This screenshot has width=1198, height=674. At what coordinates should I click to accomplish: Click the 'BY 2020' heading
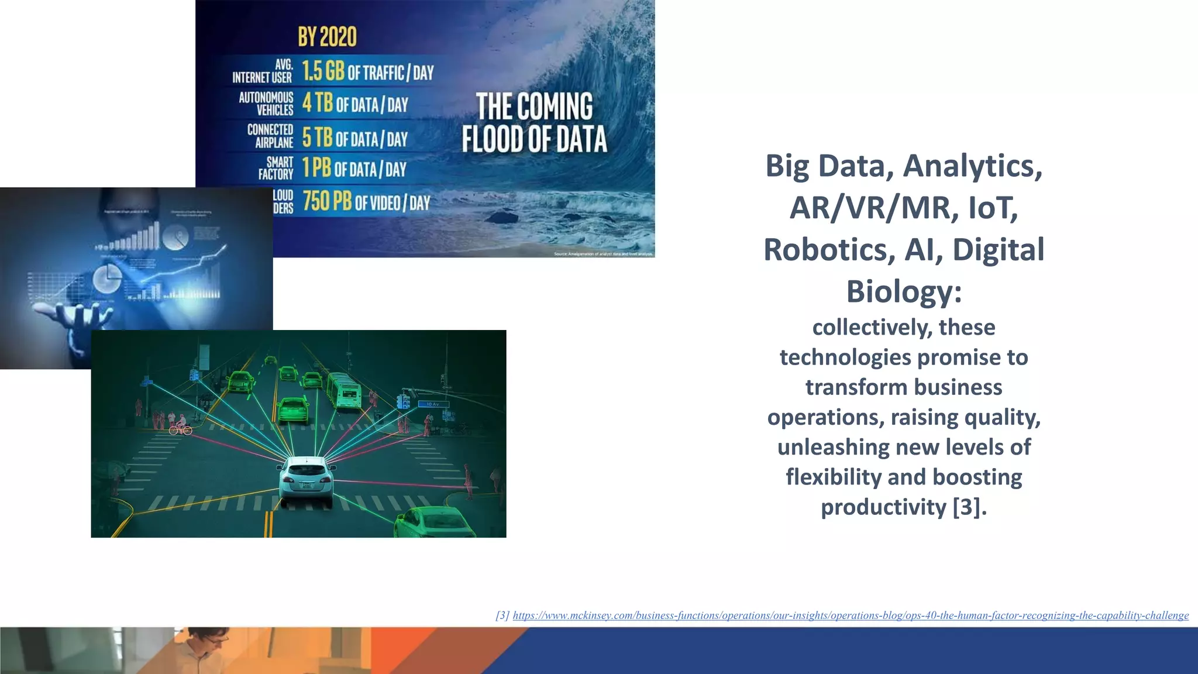coord(327,37)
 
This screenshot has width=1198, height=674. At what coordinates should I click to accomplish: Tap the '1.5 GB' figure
coord(323,71)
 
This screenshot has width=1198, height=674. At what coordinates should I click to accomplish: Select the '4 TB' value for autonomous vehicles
coord(317,104)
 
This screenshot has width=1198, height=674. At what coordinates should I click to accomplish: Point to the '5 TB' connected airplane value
coord(317,138)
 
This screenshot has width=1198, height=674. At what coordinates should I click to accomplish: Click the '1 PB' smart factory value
coord(316,168)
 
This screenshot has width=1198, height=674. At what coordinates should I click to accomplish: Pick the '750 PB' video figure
coord(327,202)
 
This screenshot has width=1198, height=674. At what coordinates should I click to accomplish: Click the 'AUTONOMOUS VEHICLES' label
coord(266,104)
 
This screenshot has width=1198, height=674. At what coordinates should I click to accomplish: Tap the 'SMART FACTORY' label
coord(276,168)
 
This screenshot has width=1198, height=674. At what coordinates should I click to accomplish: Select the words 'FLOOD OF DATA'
coord(534,139)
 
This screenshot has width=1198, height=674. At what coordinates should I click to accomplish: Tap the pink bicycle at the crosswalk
coord(180,429)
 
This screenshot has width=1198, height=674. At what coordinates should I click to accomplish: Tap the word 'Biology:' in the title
coord(904,291)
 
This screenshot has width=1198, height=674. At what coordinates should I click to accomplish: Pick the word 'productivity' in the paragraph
coord(883,507)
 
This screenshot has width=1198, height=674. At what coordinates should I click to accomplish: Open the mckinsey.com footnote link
coord(851,615)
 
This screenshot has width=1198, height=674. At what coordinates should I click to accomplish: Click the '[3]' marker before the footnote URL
coord(502,615)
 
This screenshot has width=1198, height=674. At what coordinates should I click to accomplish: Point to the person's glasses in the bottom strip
coord(216,641)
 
